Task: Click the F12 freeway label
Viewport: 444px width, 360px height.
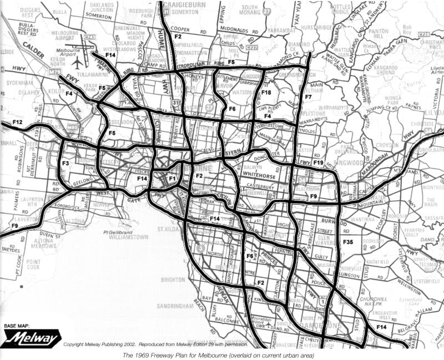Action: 17,122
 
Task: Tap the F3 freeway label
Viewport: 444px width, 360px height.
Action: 65,164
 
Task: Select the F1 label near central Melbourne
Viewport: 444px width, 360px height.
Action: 171,179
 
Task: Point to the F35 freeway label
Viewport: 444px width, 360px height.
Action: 348,242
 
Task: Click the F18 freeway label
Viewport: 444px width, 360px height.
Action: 266,93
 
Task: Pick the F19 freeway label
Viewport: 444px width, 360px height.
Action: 318,163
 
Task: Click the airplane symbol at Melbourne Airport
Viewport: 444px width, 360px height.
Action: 77,63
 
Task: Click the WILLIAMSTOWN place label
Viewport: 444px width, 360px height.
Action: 129,237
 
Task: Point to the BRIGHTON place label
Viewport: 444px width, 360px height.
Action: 173,280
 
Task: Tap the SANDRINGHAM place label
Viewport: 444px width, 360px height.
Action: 168,306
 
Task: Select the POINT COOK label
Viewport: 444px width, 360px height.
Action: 33,264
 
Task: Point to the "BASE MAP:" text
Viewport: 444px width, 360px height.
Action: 18,326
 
